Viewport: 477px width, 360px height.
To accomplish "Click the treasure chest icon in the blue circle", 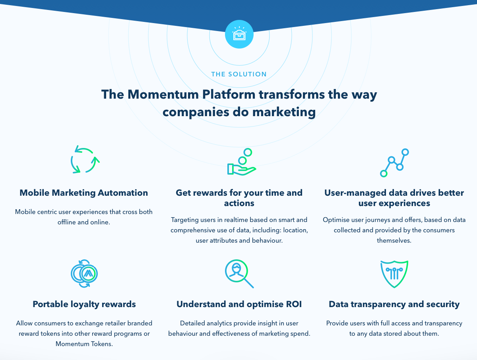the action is pos(239,34).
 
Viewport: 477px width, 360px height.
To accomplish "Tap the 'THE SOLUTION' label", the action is pos(239,74).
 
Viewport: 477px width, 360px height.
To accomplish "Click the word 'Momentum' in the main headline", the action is pos(163,94).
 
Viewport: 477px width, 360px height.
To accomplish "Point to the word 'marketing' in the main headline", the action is pos(284,112).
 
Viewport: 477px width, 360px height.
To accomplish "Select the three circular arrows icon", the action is pos(85,160).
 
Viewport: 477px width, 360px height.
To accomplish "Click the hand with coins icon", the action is pos(241,162).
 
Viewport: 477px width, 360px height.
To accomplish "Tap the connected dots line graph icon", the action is pos(394,163).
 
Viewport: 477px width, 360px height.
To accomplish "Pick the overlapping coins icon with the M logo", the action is pos(84,273).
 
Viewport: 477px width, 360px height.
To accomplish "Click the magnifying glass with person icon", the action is pos(239,274).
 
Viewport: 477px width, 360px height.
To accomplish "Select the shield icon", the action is pos(394,274).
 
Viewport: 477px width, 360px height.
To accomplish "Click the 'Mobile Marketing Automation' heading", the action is pos(83,193).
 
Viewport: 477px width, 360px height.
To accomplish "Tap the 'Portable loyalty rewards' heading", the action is pos(84,304).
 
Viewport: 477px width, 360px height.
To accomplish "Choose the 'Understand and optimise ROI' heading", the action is pos(239,304).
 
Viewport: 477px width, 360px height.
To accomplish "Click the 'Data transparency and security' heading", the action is pos(394,304).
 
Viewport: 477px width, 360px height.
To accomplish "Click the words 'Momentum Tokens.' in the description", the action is pos(84,344).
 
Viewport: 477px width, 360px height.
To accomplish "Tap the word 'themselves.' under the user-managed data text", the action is pos(394,240).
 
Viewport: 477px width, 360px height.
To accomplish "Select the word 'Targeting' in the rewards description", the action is pos(184,220).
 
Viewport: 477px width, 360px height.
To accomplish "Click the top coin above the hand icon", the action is pos(248,152).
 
